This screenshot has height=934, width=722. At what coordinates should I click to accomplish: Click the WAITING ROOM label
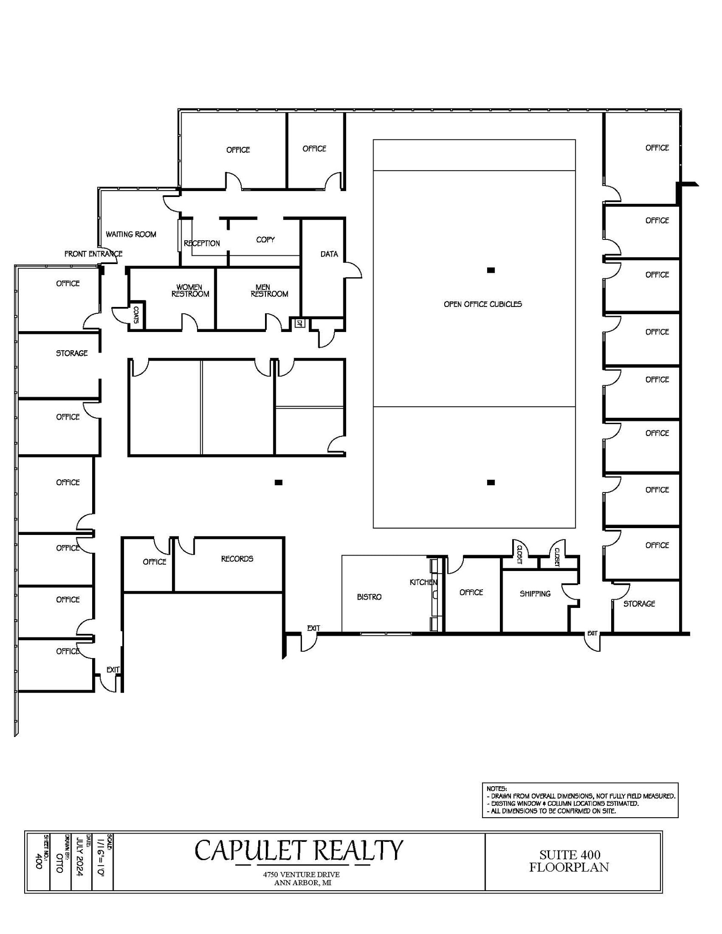coord(131,234)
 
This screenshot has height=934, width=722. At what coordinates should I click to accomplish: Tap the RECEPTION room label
coord(202,244)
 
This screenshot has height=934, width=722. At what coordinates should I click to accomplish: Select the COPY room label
coord(265,240)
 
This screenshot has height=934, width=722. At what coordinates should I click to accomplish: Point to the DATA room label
coord(329,254)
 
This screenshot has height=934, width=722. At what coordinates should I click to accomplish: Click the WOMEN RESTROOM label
coord(190,291)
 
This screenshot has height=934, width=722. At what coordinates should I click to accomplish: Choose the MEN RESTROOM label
coord(269,291)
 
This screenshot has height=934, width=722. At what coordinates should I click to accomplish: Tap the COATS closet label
coord(136,315)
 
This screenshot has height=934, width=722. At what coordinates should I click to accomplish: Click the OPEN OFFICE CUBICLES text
coord(483,304)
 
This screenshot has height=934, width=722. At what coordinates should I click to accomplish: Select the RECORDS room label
coord(237,559)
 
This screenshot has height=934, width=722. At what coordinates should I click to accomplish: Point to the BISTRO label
coord(369,597)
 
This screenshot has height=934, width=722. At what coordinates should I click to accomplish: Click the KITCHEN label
coord(423,582)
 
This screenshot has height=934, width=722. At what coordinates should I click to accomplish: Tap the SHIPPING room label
coord(535,594)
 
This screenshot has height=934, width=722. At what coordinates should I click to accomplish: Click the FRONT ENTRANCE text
coord(93,254)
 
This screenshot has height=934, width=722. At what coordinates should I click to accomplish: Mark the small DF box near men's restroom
coord(300,323)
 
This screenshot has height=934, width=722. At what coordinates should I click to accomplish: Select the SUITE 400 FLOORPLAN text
coord(569,861)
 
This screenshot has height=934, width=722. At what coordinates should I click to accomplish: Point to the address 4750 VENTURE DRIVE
coord(301,875)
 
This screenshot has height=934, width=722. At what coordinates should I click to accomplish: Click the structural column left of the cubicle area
coord(278,483)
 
